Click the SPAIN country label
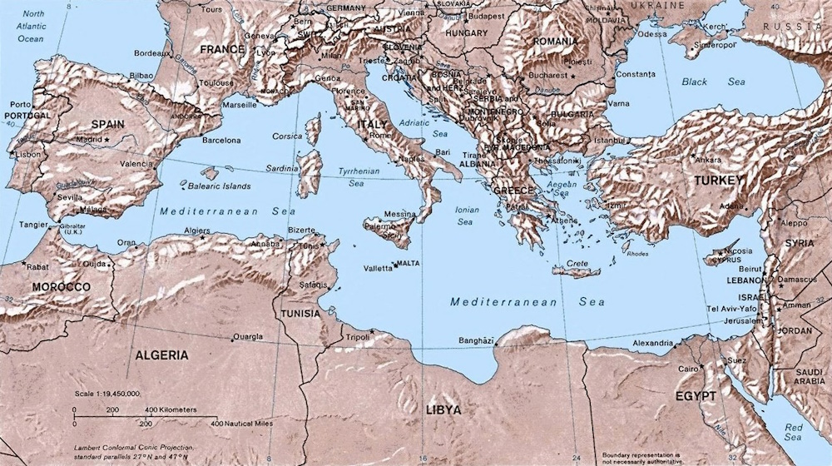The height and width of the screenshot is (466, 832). (107, 124)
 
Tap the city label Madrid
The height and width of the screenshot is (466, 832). (87, 139)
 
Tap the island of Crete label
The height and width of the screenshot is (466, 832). (577, 264)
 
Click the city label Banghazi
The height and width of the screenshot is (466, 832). (476, 340)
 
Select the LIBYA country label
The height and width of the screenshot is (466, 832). (443, 410)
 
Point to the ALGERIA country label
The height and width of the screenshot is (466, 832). (161, 355)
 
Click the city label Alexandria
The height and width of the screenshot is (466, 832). (652, 343)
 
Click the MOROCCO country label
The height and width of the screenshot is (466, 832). (61, 287)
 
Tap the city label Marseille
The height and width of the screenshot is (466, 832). (240, 106)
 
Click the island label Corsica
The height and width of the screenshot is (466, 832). (287, 136)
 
